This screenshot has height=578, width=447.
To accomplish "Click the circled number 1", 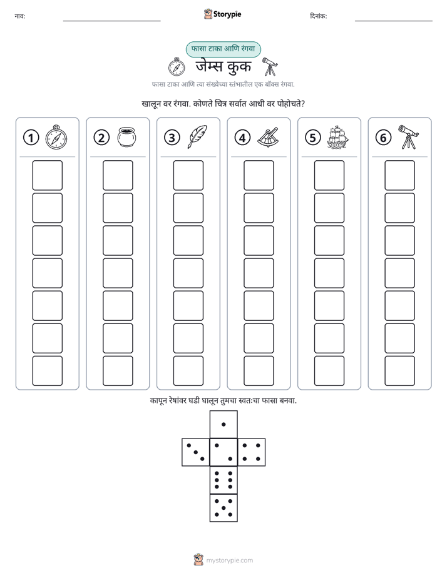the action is [31, 138].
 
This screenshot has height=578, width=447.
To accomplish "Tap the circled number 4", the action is [242, 138].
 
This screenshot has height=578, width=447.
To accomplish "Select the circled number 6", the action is [383, 138].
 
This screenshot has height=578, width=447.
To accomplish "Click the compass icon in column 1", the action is [56, 137].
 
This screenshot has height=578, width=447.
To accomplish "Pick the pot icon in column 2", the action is [127, 137].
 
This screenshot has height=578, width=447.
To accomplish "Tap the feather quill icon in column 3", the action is [198, 137].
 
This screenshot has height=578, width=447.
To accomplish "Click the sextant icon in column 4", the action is [268, 138].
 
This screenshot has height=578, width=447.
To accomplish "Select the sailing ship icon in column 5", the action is [338, 137].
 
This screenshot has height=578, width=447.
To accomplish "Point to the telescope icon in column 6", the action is [408, 137].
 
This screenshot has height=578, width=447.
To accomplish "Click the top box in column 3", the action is [188, 175].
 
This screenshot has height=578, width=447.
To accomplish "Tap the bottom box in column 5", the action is [329, 371].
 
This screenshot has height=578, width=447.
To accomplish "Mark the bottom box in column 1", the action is [47, 371].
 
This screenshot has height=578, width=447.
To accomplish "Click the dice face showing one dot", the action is [223, 424].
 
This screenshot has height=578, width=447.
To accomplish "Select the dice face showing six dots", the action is [223, 480].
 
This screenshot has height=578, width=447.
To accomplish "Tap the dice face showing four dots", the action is [252, 452].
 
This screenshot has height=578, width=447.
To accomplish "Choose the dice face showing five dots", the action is [223, 508].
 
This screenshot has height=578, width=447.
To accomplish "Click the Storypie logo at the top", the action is [223, 14].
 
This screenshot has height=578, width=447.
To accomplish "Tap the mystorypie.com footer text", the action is [229, 560].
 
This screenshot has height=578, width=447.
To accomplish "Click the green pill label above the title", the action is [223, 49].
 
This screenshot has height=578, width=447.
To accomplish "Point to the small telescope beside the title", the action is [270, 66].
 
